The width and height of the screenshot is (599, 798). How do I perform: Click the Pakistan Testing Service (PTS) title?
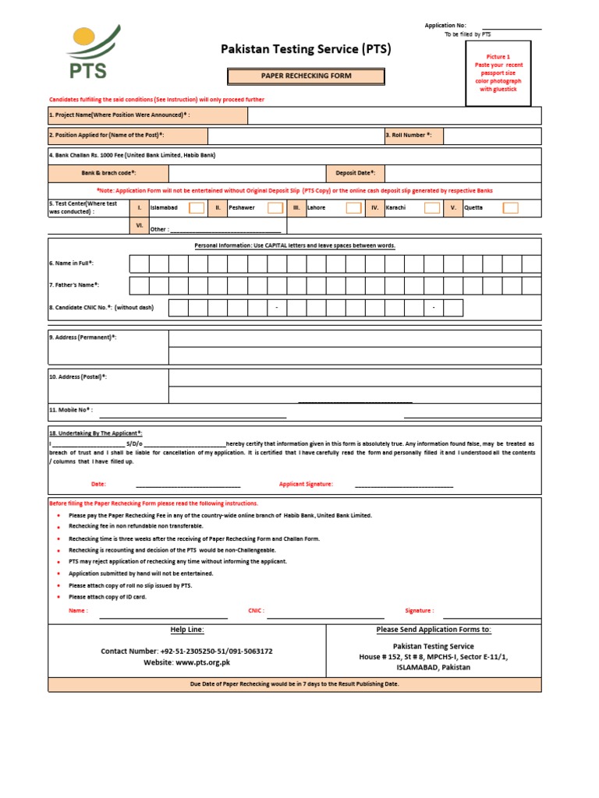click(306, 50)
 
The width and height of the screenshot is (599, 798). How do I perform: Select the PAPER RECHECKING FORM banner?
click(306, 76)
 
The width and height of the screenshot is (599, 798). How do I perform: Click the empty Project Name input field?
click(394, 115)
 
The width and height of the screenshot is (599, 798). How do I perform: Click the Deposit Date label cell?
click(356, 173)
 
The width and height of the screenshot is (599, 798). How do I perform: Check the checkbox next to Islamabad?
click(197, 208)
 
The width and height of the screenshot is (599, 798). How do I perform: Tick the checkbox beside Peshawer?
click(275, 208)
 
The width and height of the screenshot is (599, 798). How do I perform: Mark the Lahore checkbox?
click(353, 208)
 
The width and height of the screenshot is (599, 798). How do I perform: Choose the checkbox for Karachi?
click(432, 208)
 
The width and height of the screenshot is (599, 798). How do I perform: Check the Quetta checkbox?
click(510, 208)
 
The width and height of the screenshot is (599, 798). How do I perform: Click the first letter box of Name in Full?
click(139, 263)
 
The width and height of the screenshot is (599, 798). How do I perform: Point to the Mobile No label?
click(71, 409)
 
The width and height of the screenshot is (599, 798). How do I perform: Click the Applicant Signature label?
click(306, 484)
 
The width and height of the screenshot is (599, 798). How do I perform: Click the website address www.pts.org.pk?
click(202, 662)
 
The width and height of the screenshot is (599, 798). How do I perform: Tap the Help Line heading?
click(187, 630)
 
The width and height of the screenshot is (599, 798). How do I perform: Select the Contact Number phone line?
click(186, 651)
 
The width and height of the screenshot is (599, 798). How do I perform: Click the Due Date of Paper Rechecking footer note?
click(295, 683)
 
